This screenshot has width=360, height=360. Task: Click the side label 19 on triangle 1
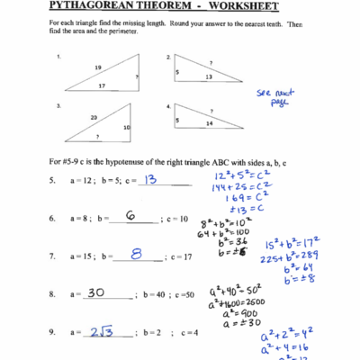pos(97,67)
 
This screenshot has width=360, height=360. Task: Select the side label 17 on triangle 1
pos(103,86)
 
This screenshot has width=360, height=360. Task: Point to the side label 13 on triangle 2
pos(209,77)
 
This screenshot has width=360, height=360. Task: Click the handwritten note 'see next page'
pos(270,97)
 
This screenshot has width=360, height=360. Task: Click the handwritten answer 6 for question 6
pos(130,216)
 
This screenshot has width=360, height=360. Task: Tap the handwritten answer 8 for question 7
pos(136,255)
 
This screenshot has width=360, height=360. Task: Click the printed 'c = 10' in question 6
pos(176,219)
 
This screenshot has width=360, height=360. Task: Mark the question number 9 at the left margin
pos(52,334)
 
